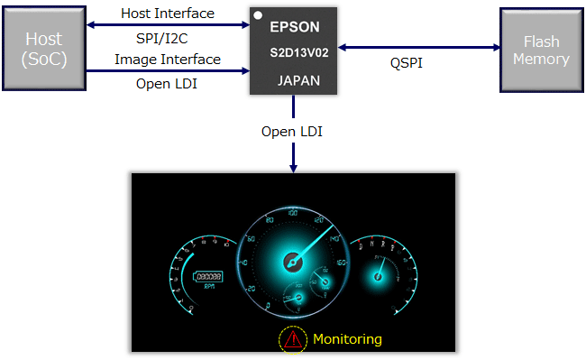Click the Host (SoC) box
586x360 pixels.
point(44,49)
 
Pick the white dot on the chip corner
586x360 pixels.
point(258,15)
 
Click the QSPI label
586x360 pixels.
point(406,64)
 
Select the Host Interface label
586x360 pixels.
point(168,14)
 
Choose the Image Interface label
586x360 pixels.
point(168,60)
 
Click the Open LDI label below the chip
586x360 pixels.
point(292,132)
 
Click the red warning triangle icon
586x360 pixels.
point(293,339)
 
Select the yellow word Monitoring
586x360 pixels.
point(347,339)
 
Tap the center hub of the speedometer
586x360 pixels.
point(291,261)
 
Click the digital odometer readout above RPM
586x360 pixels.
point(209,276)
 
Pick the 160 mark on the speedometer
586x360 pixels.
point(340,263)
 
